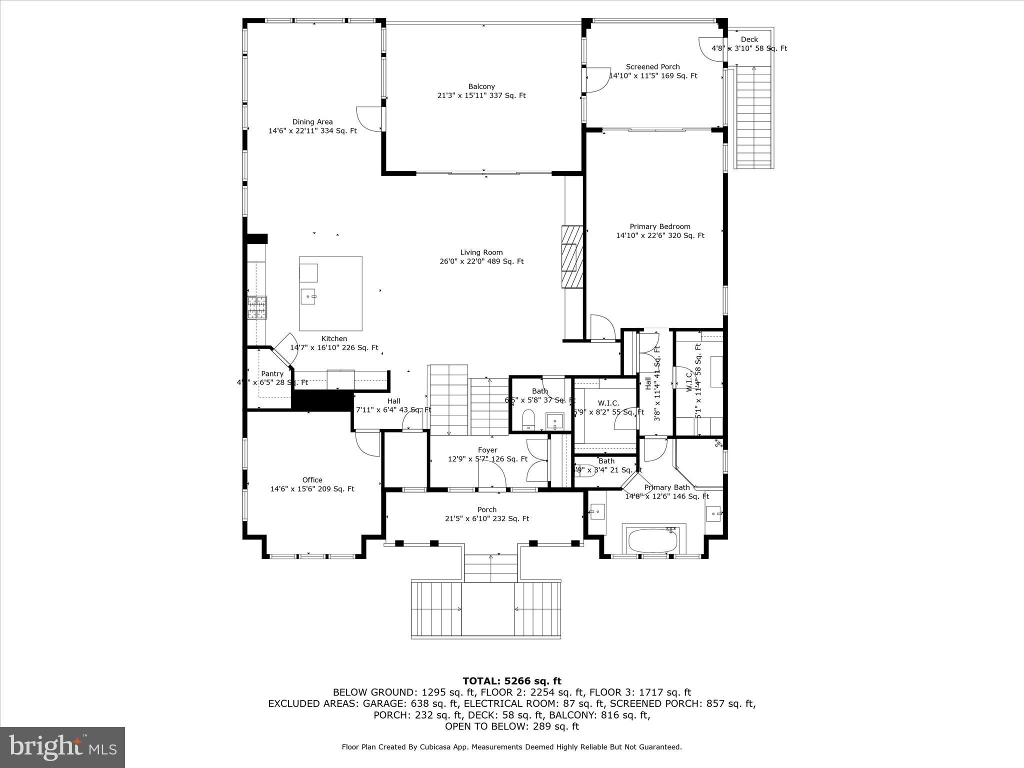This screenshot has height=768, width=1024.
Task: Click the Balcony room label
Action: click(x=481, y=86)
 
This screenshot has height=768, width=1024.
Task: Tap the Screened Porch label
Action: click(x=652, y=66)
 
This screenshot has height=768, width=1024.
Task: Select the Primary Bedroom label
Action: click(x=659, y=226)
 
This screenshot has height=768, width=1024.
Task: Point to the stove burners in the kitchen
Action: click(x=257, y=307)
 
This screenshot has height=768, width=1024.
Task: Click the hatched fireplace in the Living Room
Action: click(x=572, y=257)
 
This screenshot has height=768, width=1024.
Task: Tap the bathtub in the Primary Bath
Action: click(x=652, y=540)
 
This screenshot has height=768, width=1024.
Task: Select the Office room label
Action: click(x=312, y=480)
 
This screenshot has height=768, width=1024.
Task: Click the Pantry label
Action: click(x=272, y=373)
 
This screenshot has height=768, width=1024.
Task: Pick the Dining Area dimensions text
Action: click(x=312, y=131)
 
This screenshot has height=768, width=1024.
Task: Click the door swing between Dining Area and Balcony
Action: click(x=369, y=119)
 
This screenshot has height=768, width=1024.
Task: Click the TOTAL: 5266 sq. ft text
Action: click(x=511, y=681)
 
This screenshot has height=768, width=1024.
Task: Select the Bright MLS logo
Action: click(x=62, y=747)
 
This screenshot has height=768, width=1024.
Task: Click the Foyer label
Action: click(x=487, y=450)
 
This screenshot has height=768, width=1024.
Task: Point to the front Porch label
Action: click(x=486, y=509)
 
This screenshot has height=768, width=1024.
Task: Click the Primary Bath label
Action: click(x=666, y=487)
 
